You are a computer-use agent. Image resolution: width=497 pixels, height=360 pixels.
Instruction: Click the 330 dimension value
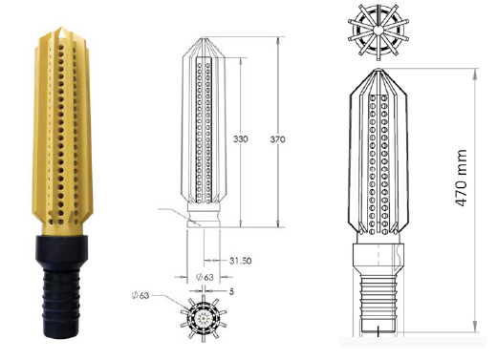coord(240,139)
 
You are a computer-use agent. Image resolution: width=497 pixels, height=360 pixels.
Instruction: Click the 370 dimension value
coord(277,139)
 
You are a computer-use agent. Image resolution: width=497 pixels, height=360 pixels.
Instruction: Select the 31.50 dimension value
coord(241,261)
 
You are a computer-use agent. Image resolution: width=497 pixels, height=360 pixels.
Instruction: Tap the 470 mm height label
coord(461,179)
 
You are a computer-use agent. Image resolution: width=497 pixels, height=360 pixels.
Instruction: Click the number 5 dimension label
coord(231,291)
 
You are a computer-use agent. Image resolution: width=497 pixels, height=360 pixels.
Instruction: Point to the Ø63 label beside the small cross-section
coord(140,295)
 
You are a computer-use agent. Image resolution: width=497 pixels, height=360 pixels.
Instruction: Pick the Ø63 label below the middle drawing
coord(205,277)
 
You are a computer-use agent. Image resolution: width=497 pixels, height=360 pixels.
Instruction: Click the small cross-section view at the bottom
coord(204,318)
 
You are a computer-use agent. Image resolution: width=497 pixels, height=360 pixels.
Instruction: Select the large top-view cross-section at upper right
coord(378,32)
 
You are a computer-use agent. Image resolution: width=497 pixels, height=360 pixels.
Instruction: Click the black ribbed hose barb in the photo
coord(60,303)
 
